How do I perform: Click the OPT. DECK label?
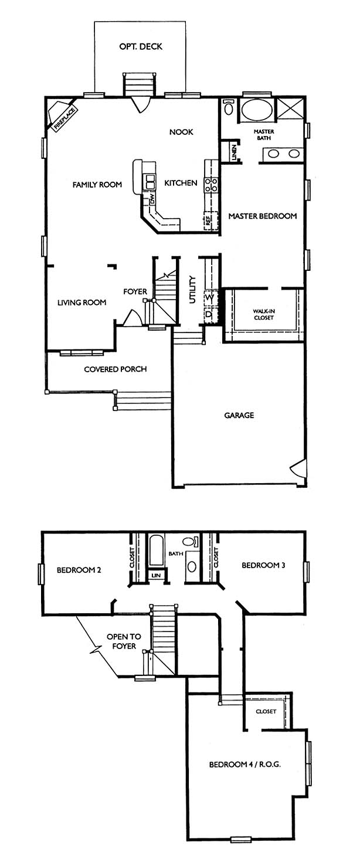tap(141, 47)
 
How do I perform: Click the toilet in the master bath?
tap(229, 107)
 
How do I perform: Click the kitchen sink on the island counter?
tap(150, 182)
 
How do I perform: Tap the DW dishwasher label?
tap(152, 199)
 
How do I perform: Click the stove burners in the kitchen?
tap(212, 185)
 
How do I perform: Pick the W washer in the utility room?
tap(210, 298)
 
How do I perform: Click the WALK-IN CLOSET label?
tap(264, 314)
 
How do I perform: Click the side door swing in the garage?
tap(298, 468)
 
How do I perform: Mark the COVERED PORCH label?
tap(116, 369)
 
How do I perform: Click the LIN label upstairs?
tap(156, 575)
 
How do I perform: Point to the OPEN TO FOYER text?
tap(124, 641)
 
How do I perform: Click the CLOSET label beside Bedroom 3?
tap(215, 558)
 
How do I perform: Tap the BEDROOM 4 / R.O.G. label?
tap(244, 765)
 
